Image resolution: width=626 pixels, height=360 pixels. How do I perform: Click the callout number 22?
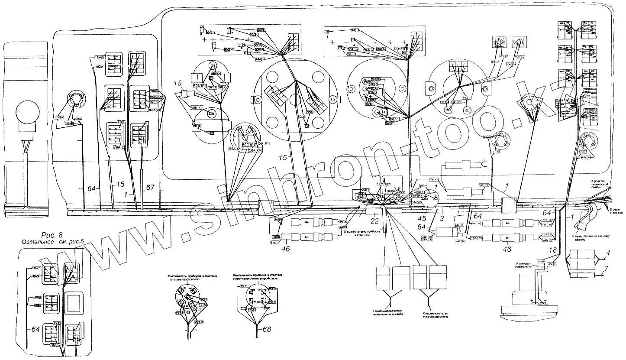[x=374, y=221]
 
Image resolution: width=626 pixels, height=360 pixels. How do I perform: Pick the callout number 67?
[x=150, y=187]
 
